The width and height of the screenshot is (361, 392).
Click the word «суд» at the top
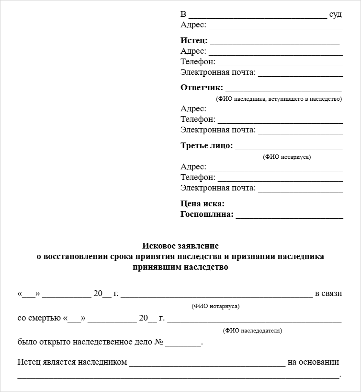(x=336, y=14)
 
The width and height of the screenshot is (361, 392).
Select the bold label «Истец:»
(x=194, y=40)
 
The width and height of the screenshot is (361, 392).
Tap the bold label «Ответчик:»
(x=202, y=87)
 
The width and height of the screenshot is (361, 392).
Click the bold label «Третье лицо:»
(x=206, y=145)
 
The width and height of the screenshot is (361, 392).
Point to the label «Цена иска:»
(x=202, y=204)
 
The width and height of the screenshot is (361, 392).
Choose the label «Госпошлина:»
(x=207, y=214)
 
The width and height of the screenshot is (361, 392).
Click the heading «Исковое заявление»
(x=180, y=246)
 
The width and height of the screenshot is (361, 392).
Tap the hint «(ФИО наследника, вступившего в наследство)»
(x=279, y=99)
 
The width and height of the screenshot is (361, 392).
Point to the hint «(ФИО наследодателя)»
(x=252, y=331)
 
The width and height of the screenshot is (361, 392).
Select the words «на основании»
(x=313, y=362)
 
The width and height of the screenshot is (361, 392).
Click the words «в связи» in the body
(x=328, y=294)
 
